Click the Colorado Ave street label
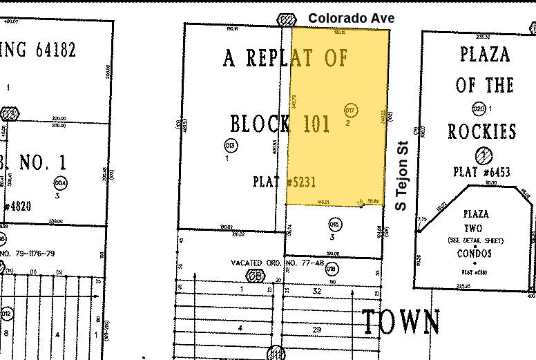point(351,18)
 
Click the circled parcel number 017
point(350,110)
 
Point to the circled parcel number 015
point(335,224)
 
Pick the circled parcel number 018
point(331,269)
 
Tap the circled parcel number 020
point(479,109)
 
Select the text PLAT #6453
point(482,172)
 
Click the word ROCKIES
point(482,131)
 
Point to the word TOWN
point(401,322)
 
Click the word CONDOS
point(475,254)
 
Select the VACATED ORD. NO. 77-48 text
point(278,263)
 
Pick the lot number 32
point(317,291)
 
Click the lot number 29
point(317,330)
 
